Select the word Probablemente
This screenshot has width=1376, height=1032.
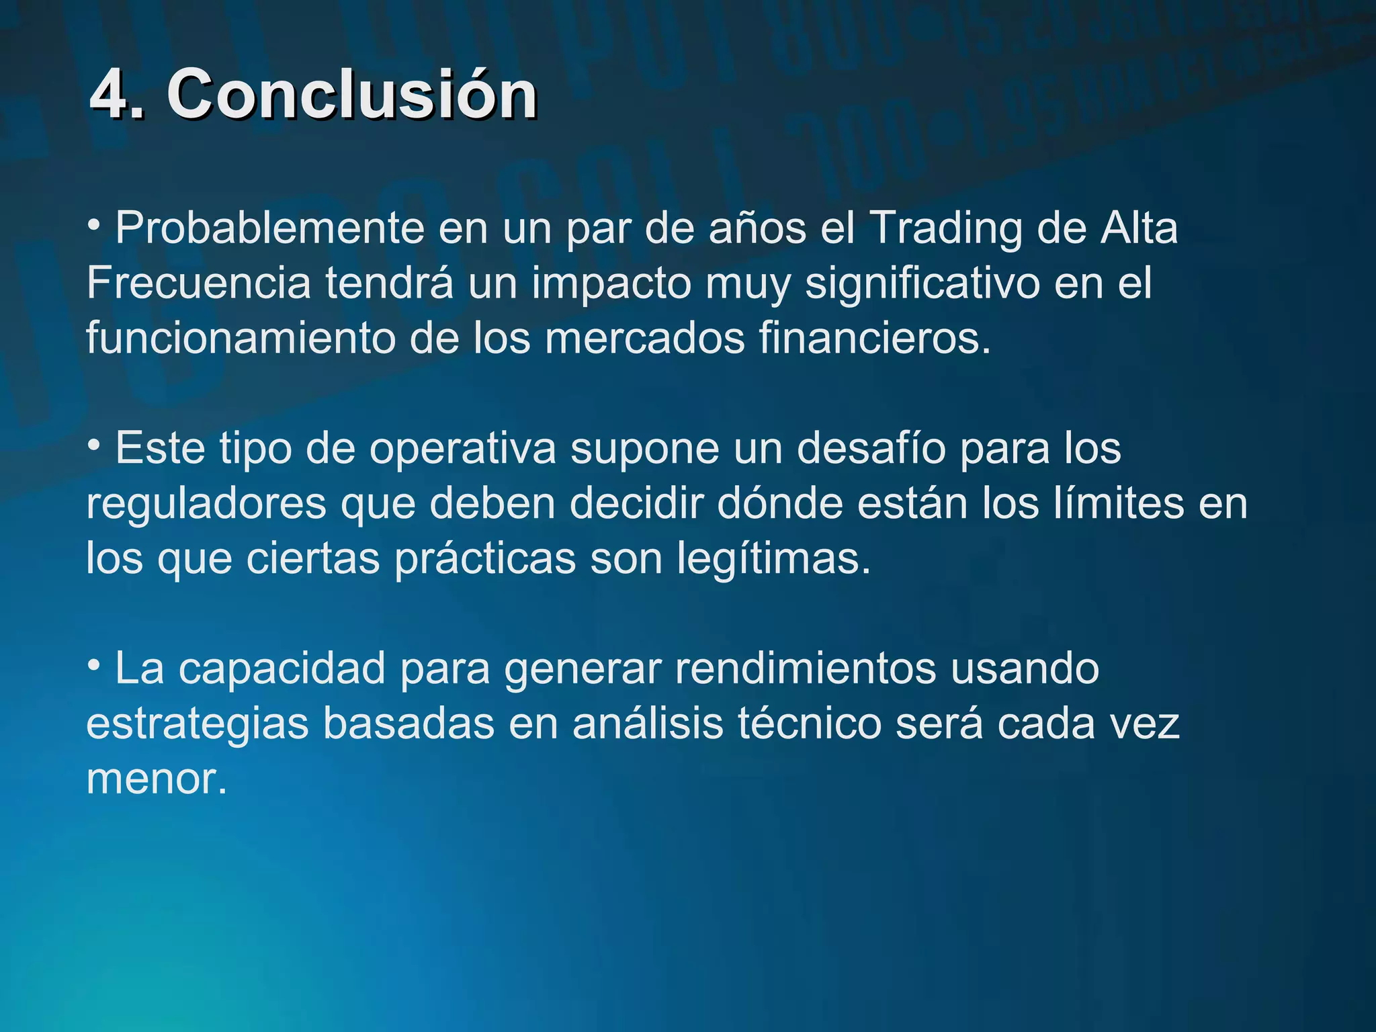269,228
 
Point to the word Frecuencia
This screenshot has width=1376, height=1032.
199,284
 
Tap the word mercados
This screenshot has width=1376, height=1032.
644,338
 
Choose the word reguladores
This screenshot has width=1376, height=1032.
206,505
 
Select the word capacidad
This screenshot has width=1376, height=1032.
282,669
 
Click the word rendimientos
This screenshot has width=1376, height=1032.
806,669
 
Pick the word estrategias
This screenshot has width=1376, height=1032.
198,725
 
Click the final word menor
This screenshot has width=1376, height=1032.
157,780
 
